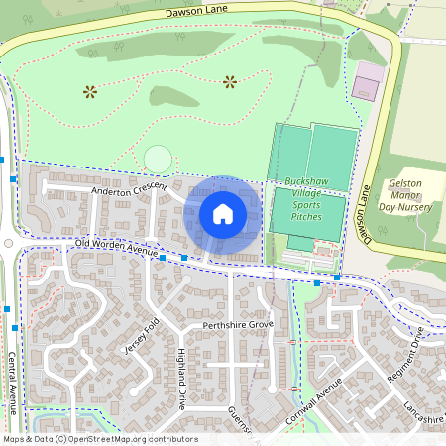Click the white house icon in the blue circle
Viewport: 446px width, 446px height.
(223, 213)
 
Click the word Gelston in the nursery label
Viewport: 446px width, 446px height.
(404, 184)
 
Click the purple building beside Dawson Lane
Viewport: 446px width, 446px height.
(366, 82)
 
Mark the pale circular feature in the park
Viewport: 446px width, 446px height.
(157, 158)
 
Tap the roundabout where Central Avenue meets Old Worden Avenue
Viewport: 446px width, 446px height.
(8, 242)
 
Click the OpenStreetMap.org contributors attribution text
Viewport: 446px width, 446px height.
(134, 439)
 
